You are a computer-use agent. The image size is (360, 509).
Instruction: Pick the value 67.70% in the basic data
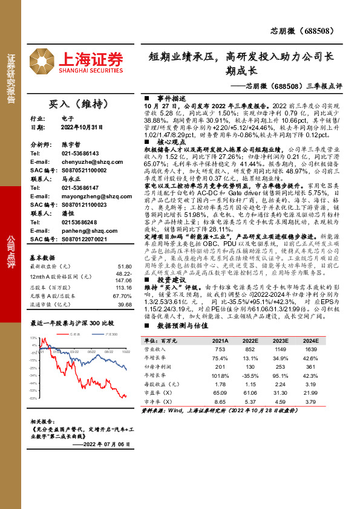click(122, 296)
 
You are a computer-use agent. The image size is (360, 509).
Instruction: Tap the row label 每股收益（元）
click(164, 384)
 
